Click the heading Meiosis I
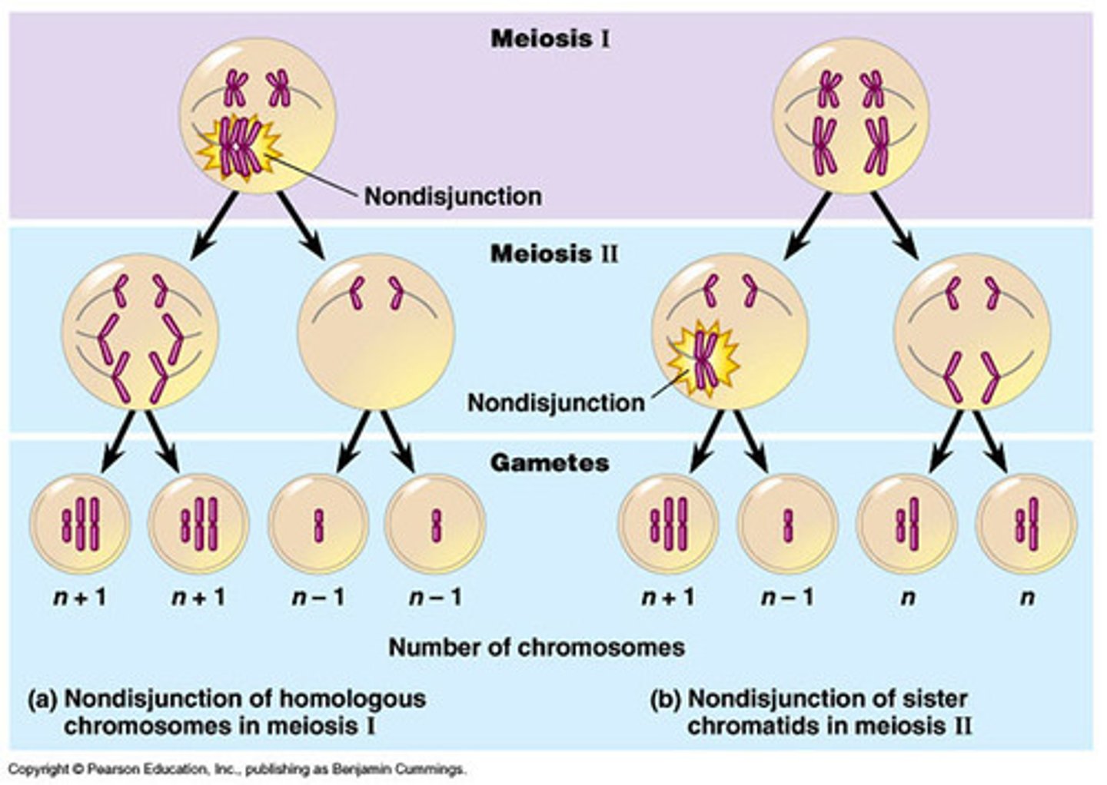click(550, 38)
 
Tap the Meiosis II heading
click(553, 253)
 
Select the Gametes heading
click(550, 463)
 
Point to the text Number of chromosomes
click(536, 647)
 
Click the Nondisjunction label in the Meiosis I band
click(452, 197)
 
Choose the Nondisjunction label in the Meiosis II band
click(556, 402)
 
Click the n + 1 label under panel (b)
click(668, 597)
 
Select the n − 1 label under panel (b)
click(787, 597)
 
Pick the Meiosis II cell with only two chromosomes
click(375, 332)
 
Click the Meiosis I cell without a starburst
click(850, 115)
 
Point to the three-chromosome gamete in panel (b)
click(668, 524)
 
